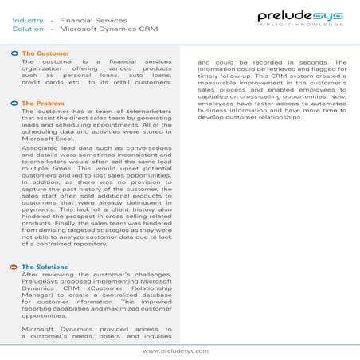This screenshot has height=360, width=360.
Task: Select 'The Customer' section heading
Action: [45, 53]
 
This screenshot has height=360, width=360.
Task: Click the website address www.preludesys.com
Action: [175, 350]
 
